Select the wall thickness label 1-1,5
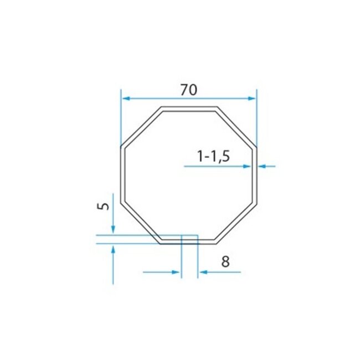click(213, 157)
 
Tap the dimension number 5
click(102, 206)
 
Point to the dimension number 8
click(225, 261)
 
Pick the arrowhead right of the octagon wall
click(262, 166)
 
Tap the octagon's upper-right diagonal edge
click(236, 127)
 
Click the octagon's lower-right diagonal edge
click(236, 223)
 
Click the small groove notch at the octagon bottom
click(189, 239)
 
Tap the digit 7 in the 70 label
click(184, 89)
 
